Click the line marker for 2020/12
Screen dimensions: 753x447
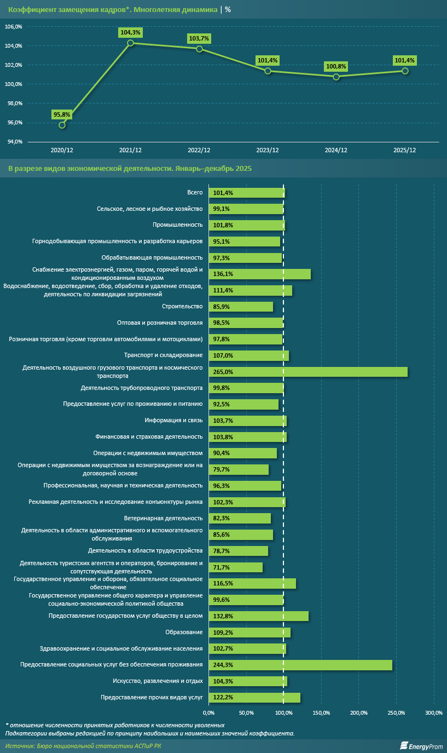(x=62, y=125)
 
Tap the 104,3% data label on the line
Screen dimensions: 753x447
(x=130, y=32)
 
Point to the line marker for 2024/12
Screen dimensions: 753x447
(x=336, y=77)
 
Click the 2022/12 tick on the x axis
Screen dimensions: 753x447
(x=199, y=150)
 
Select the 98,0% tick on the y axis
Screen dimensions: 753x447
(x=14, y=104)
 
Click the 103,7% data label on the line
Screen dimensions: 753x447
(x=199, y=38)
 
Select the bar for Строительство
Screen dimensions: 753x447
(x=241, y=307)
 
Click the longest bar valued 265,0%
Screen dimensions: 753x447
(x=308, y=372)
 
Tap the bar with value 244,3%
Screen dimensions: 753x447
(x=300, y=665)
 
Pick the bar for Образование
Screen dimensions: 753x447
(x=249, y=633)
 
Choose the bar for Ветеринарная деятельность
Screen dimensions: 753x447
(x=240, y=518)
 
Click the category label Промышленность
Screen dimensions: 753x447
(x=178, y=225)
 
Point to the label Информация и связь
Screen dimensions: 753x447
(x=173, y=421)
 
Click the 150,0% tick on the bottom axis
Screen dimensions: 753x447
(x=321, y=712)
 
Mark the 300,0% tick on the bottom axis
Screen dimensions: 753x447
(x=434, y=712)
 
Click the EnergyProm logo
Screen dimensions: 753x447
(x=421, y=746)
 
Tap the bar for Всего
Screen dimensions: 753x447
(x=246, y=193)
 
